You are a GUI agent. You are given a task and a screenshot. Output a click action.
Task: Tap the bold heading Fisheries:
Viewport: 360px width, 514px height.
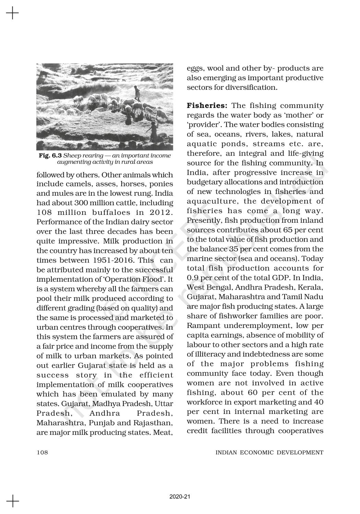(x=207, y=106)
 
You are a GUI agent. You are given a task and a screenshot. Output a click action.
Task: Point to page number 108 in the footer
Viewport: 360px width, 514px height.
(x=42, y=452)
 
